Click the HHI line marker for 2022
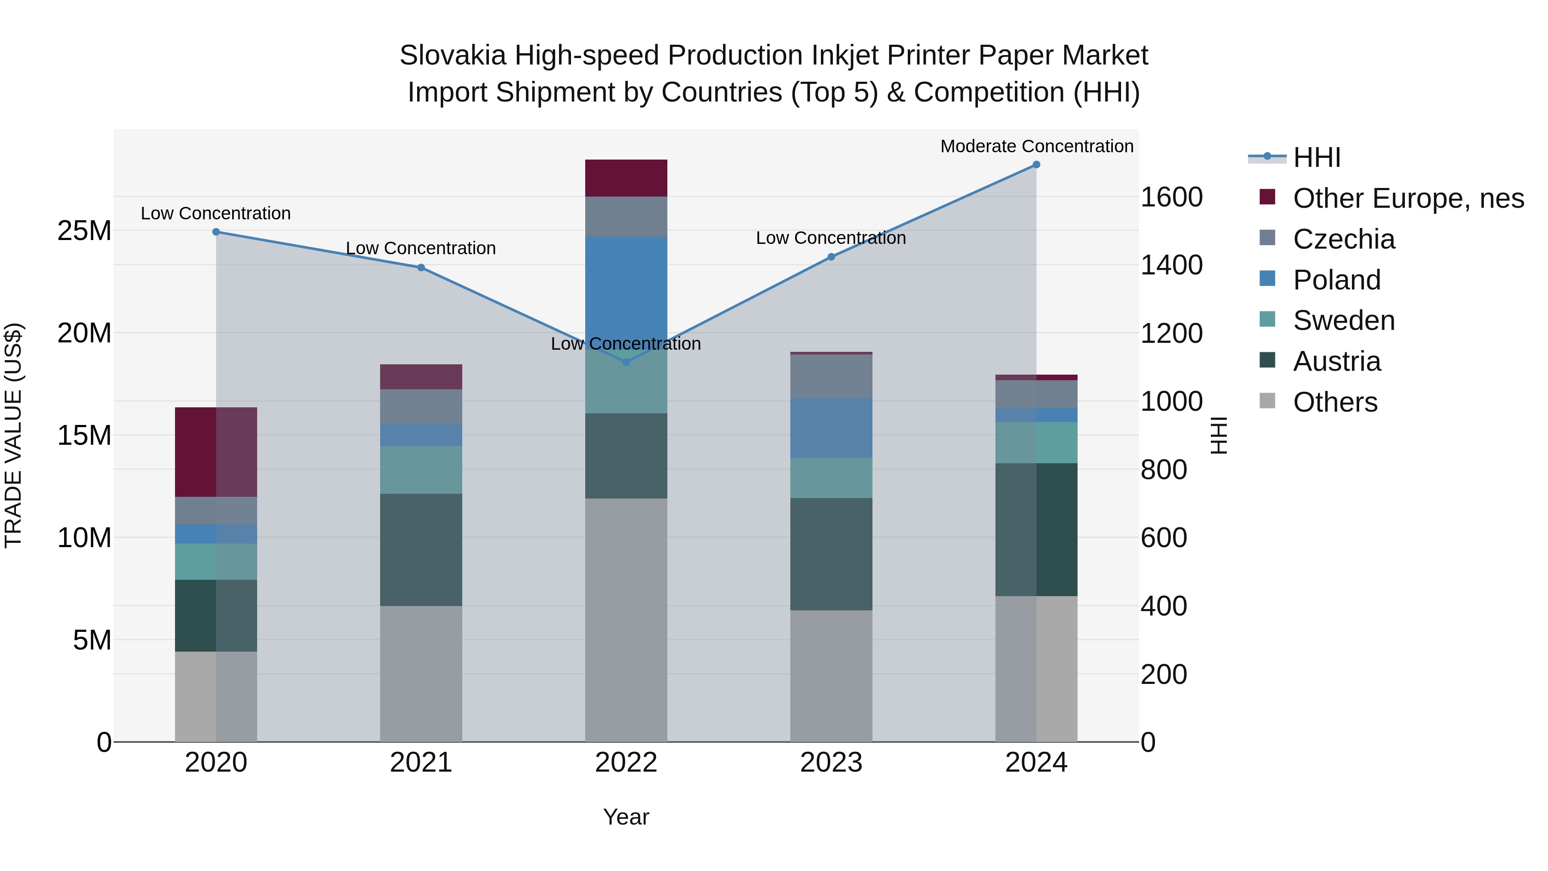[x=626, y=362]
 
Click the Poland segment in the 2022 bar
[x=626, y=289]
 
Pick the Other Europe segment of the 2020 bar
[x=216, y=452]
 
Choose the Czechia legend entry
[x=1344, y=239]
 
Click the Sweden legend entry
[x=1344, y=320]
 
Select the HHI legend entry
[x=1316, y=157]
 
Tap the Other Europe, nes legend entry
[x=1408, y=198]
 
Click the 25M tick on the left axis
[x=84, y=231]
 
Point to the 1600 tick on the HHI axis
[x=1171, y=197]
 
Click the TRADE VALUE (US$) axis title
[x=13, y=435]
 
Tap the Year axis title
[x=626, y=817]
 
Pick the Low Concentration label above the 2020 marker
[x=216, y=213]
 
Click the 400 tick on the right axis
[x=1164, y=606]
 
